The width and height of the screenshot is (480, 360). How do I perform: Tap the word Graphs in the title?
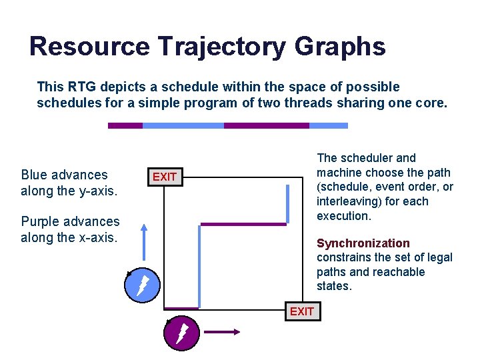pyautogui.click(x=340, y=47)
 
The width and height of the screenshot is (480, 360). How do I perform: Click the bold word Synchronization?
pyautogui.click(x=363, y=243)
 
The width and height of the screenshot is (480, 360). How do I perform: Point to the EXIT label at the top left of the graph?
pyautogui.click(x=165, y=177)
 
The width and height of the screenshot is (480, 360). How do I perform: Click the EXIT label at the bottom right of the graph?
pyautogui.click(x=302, y=311)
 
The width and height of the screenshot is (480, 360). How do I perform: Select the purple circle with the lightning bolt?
pyautogui.click(x=182, y=334)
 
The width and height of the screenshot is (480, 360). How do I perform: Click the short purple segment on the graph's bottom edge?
pyautogui.click(x=181, y=308)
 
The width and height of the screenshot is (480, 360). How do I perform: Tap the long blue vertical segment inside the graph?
pyautogui.click(x=199, y=267)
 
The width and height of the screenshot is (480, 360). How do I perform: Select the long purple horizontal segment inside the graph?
pyautogui.click(x=243, y=224)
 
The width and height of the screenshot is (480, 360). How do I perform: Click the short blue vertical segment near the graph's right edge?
pyautogui.click(x=287, y=203)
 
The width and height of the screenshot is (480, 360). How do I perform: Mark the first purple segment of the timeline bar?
pyautogui.click(x=125, y=125)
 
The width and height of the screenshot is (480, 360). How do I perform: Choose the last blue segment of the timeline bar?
pyautogui.click(x=329, y=125)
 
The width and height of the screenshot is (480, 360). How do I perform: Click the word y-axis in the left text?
pyautogui.click(x=95, y=192)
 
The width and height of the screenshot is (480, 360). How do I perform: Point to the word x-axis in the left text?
pyautogui.click(x=95, y=238)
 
